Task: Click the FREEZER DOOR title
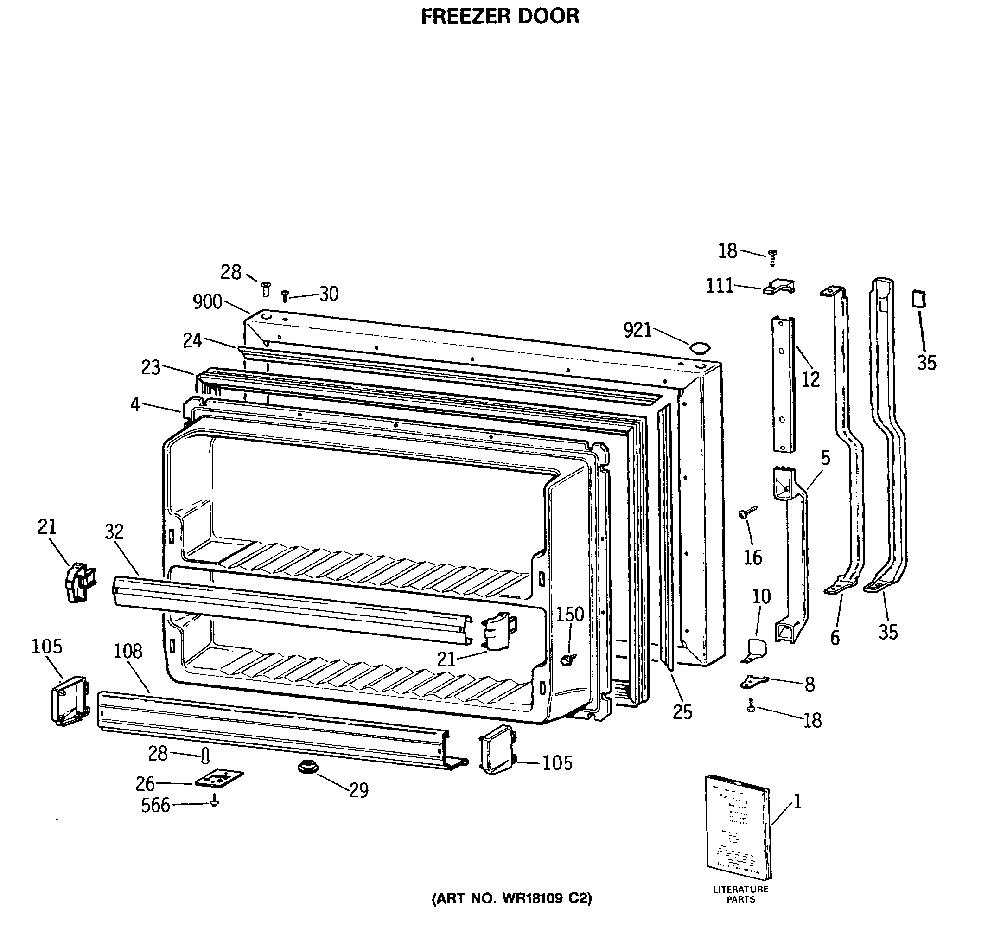click(x=499, y=17)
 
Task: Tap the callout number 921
click(x=637, y=331)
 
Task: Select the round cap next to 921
click(x=700, y=347)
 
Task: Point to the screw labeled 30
click(x=285, y=295)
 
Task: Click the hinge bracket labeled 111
click(x=779, y=287)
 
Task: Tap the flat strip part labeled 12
click(x=783, y=384)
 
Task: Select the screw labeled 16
click(x=747, y=512)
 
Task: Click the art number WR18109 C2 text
click(x=511, y=898)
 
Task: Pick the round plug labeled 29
click(x=308, y=766)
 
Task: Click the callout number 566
click(x=155, y=806)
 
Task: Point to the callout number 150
click(x=570, y=615)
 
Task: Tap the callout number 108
click(x=128, y=651)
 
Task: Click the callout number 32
click(x=114, y=532)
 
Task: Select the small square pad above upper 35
click(x=918, y=299)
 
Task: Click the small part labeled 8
click(x=753, y=681)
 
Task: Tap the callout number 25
click(x=682, y=712)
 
